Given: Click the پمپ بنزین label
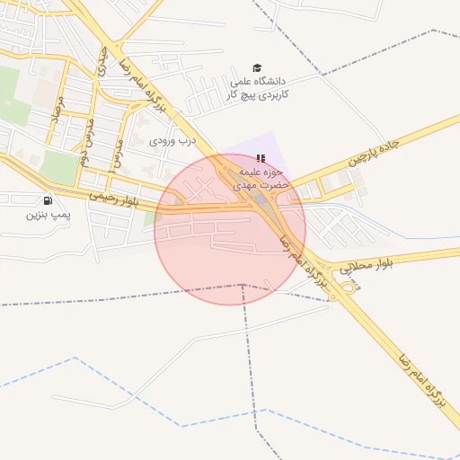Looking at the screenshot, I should pos(47,216).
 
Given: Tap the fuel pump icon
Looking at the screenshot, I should pos(47,200).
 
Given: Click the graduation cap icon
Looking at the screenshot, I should pos(257,68).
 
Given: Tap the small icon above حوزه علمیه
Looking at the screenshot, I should pos(261,158).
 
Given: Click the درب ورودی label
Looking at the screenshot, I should pos(172,141).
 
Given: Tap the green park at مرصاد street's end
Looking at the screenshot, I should pos(59,167).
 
